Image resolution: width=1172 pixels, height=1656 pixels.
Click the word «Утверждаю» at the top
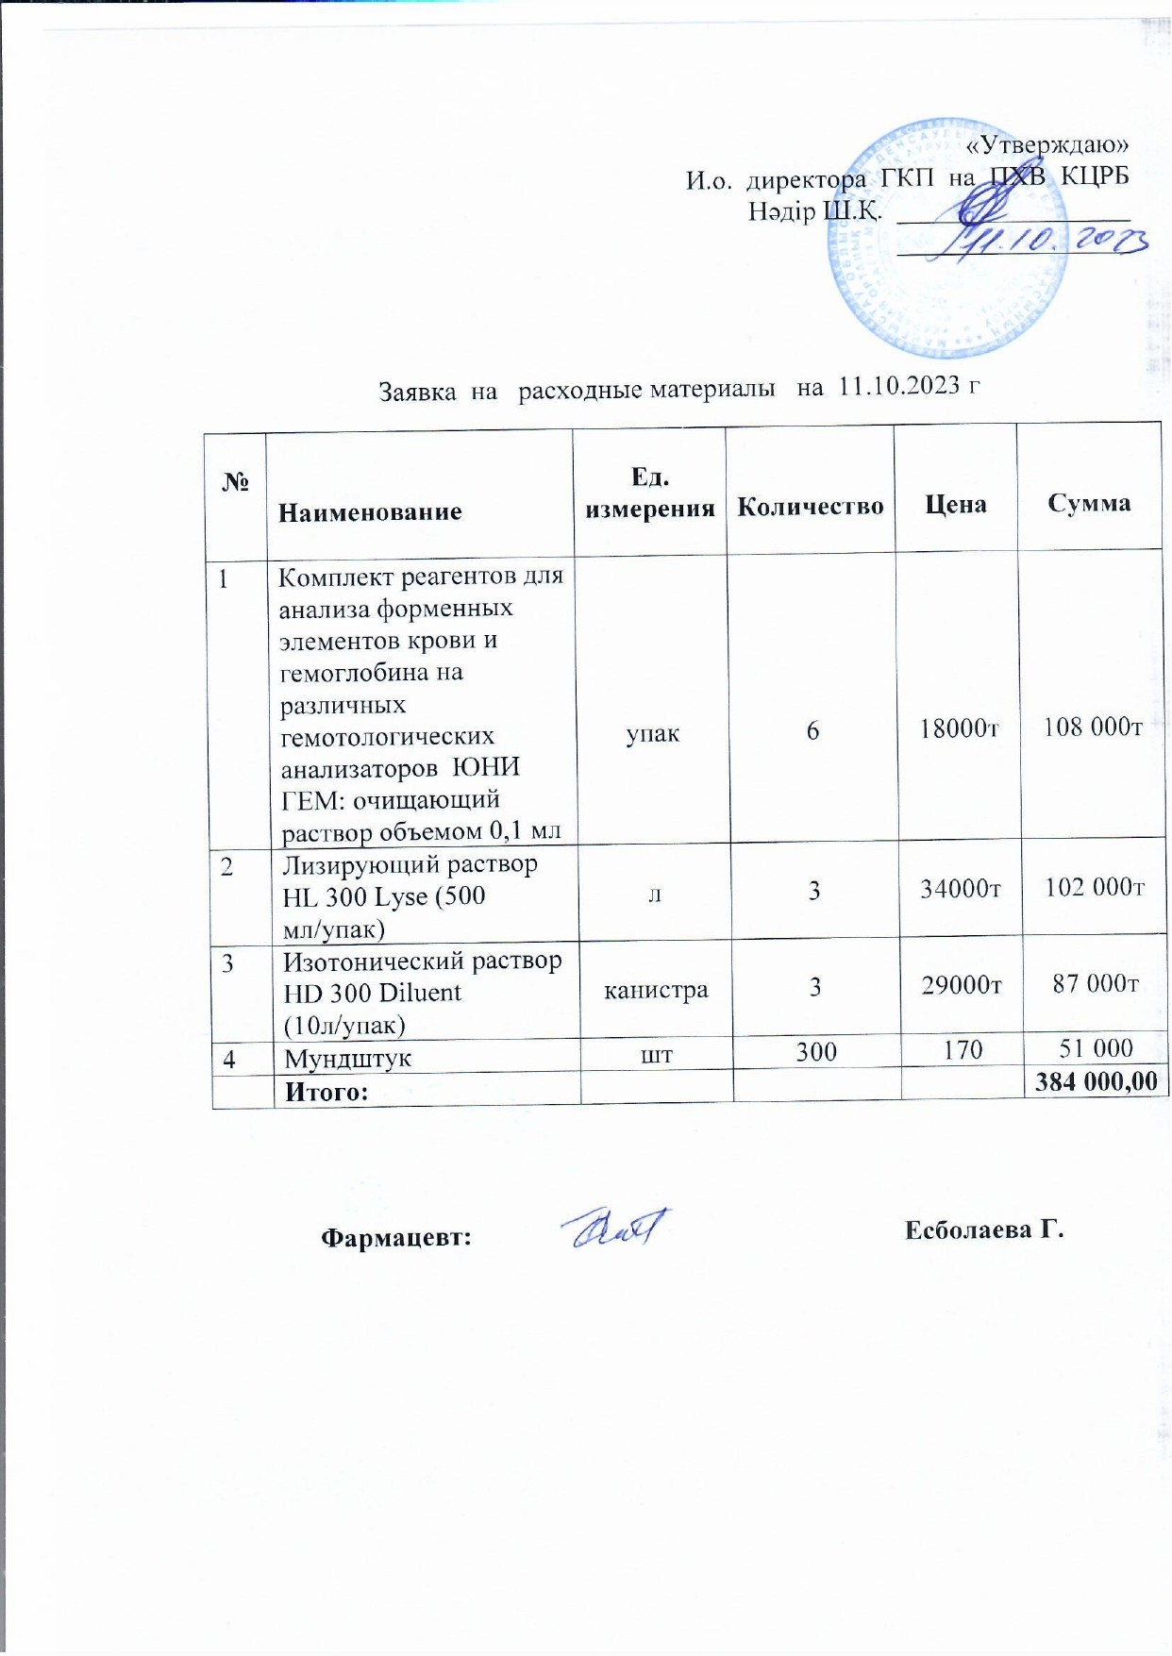click(1048, 144)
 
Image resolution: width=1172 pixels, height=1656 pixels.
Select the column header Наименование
click(370, 511)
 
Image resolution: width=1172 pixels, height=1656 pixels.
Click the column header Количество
click(810, 507)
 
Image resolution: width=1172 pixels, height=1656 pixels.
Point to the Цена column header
click(955, 504)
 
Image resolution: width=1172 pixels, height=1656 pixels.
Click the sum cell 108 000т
click(1092, 727)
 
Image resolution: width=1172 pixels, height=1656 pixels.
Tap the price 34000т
click(960, 889)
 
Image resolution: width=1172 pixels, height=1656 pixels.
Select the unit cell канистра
click(656, 991)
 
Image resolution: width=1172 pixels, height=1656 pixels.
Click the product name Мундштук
click(348, 1058)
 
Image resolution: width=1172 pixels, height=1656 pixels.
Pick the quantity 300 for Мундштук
click(815, 1051)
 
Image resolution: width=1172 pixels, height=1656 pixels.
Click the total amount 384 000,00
click(1096, 1081)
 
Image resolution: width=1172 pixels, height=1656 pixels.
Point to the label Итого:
click(326, 1092)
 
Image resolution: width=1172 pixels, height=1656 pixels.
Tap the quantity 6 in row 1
click(812, 730)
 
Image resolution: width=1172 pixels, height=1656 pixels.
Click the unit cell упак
click(652, 733)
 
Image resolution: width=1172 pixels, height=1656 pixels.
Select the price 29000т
click(961, 985)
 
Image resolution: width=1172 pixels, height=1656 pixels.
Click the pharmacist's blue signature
click(616, 1229)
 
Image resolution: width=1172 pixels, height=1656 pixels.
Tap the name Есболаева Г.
click(984, 1229)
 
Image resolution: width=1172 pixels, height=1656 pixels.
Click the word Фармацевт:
click(396, 1236)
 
